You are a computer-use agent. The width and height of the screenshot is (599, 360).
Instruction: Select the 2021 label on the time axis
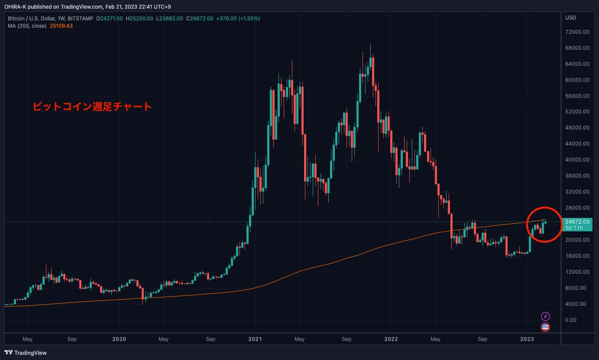(x=255, y=339)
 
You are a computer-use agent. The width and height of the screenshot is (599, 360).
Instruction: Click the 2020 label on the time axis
(x=119, y=339)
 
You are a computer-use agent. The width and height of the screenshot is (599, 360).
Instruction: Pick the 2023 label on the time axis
(x=527, y=339)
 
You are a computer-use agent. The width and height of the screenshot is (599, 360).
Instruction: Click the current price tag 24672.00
(x=577, y=221)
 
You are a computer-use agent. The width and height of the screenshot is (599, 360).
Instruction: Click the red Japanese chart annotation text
(x=92, y=106)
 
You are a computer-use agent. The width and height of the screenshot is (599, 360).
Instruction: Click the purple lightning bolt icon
(x=545, y=317)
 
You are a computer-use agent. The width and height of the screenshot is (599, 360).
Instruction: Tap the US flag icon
(x=545, y=327)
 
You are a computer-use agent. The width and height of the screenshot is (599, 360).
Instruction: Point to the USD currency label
(x=570, y=18)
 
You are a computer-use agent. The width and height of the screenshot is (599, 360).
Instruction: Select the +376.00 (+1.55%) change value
(x=239, y=18)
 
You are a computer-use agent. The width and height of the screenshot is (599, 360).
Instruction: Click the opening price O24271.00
(x=110, y=18)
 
